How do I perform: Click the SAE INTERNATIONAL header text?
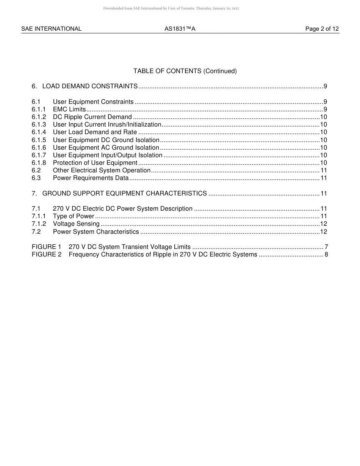(x=51, y=29)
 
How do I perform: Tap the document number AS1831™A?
(x=180, y=29)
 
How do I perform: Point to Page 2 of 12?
(x=322, y=29)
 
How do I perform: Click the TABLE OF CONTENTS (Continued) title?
(x=185, y=71)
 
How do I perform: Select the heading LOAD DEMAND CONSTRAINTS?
(x=90, y=86)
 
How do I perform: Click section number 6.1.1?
(x=39, y=109)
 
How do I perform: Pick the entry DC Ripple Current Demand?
(x=92, y=117)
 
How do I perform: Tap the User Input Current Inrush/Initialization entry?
(x=107, y=125)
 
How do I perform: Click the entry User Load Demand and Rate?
(x=95, y=132)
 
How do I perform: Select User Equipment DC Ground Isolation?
(x=106, y=140)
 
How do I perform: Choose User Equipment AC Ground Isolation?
(x=106, y=148)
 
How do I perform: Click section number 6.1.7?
(x=39, y=155)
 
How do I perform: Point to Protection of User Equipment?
(x=95, y=163)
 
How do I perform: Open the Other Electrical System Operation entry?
(x=102, y=170)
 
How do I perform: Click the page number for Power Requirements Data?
(x=324, y=178)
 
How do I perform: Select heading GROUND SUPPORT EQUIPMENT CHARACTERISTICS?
(x=124, y=194)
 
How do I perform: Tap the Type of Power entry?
(x=73, y=216)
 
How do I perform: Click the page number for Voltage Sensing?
(x=324, y=224)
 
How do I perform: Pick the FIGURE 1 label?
(x=46, y=247)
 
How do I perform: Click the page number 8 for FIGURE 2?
(x=326, y=255)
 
